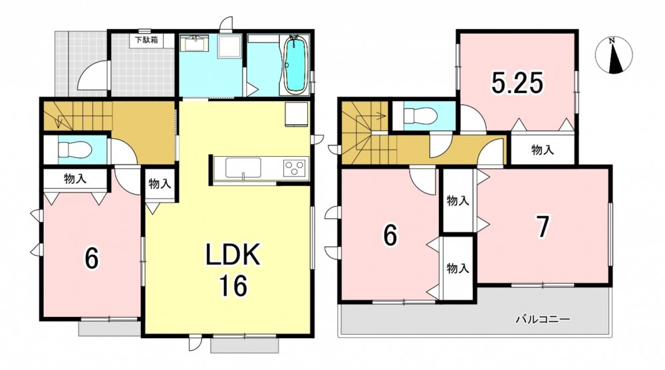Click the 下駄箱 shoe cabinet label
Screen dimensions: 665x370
pos(146,41)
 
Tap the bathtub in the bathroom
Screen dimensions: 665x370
pos(295,65)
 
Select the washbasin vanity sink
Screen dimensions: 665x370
pos(194,43)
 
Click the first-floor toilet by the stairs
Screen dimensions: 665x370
pos(74,149)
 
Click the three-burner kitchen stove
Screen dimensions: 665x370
pos(295,166)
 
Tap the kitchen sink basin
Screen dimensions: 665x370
pos(243,168)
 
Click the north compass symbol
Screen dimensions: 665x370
pos(614,55)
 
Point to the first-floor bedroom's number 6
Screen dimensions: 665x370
pos(92,258)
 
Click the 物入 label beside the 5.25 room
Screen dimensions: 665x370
pos(543,149)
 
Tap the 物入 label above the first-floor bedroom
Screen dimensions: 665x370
pos(75,179)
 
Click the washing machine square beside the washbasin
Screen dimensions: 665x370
pos(229,46)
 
